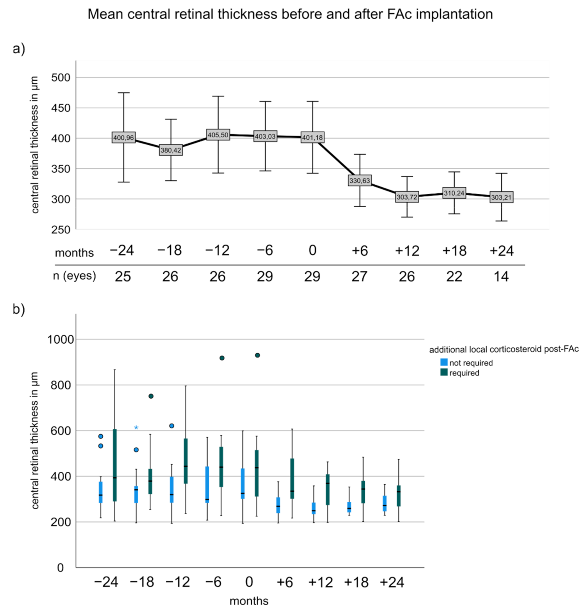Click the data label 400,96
tap(124, 138)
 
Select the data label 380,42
tap(171, 150)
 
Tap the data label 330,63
tap(359, 181)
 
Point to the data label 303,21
tap(501, 197)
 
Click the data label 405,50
tap(218, 135)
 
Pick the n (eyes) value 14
tap(501, 277)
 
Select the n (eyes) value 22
tap(454, 277)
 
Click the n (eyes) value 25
tap(123, 277)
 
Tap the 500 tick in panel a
tap(61, 78)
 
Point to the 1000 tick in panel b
tap(61, 339)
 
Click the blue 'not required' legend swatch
tap(444, 362)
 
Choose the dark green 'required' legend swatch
tap(444, 372)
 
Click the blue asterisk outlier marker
tap(136, 428)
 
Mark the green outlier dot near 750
tap(151, 396)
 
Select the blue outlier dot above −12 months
tap(172, 426)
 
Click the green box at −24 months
tap(115, 465)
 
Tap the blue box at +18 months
tap(349, 507)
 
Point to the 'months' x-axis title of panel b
tap(249, 601)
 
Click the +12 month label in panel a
tap(407, 251)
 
